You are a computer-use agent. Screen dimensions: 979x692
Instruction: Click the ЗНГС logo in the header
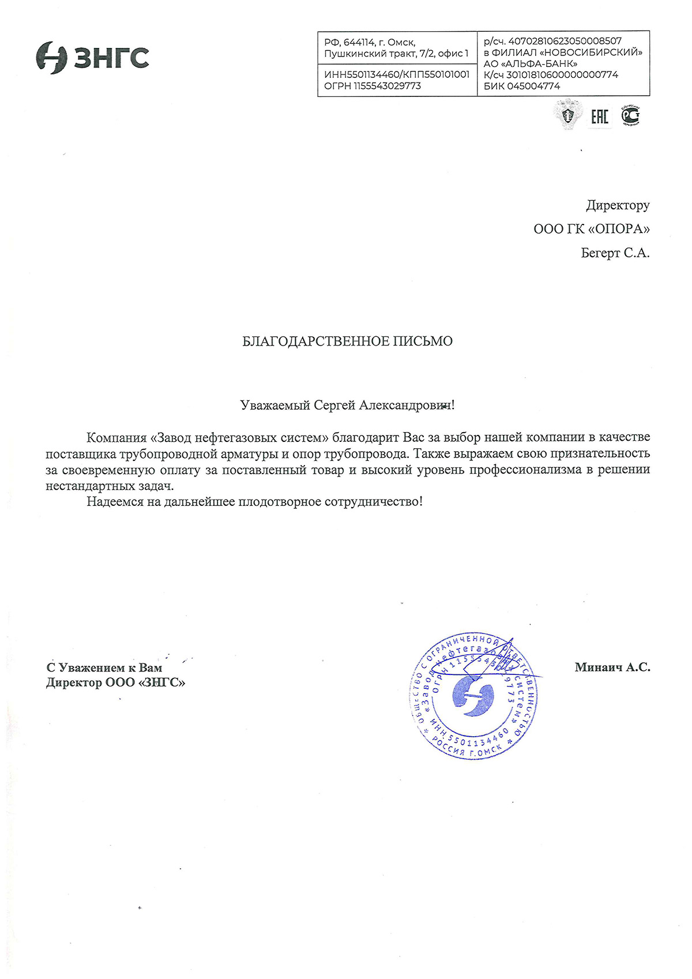(x=92, y=58)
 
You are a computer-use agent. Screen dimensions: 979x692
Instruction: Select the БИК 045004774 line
(x=522, y=86)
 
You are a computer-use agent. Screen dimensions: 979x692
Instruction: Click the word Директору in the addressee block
(x=618, y=205)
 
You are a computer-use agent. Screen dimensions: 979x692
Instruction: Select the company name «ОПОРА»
(x=618, y=229)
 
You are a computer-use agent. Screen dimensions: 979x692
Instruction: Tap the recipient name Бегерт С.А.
(x=615, y=253)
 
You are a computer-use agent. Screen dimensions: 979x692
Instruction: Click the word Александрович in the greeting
(x=405, y=405)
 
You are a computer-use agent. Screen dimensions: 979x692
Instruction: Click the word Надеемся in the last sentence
(x=115, y=501)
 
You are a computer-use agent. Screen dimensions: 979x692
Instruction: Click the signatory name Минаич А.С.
(x=612, y=667)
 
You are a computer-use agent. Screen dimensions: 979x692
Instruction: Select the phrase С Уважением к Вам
(x=104, y=668)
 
